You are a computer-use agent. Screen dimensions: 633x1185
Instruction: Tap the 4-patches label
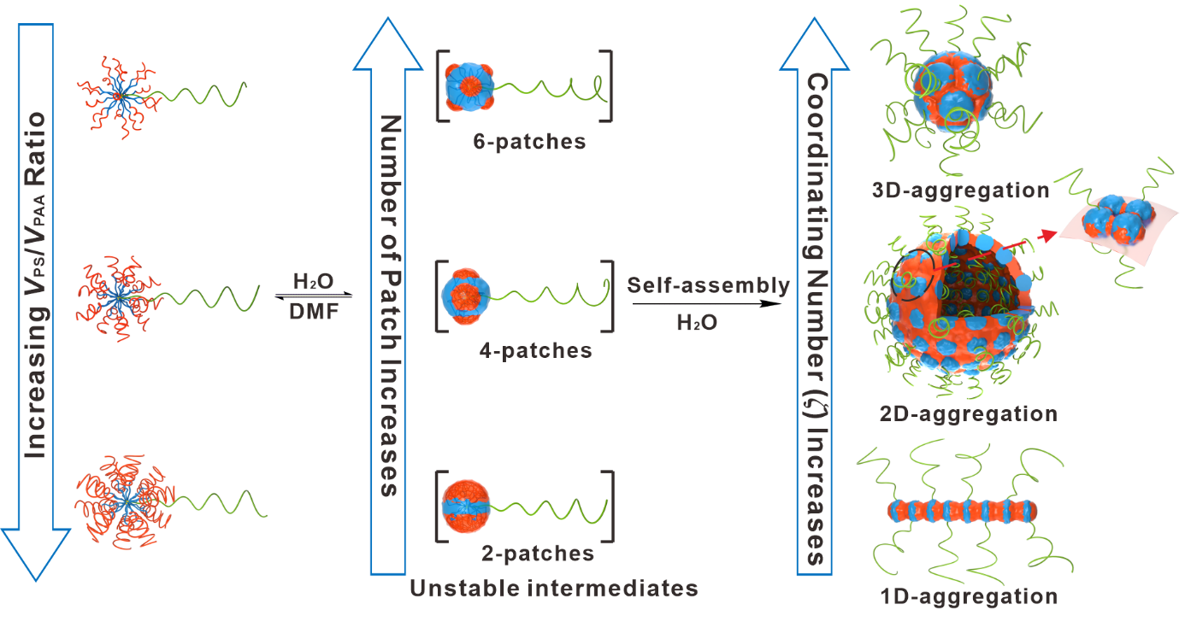pyautogui.click(x=534, y=350)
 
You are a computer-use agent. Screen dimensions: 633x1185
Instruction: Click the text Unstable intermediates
pyautogui.click(x=554, y=589)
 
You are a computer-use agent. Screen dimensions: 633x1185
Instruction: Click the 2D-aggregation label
pyautogui.click(x=969, y=414)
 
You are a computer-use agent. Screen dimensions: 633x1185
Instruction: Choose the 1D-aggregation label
pyautogui.click(x=968, y=595)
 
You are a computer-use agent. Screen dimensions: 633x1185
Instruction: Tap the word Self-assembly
pyautogui.click(x=708, y=286)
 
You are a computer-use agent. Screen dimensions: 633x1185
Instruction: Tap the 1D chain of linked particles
pyautogui.click(x=963, y=511)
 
